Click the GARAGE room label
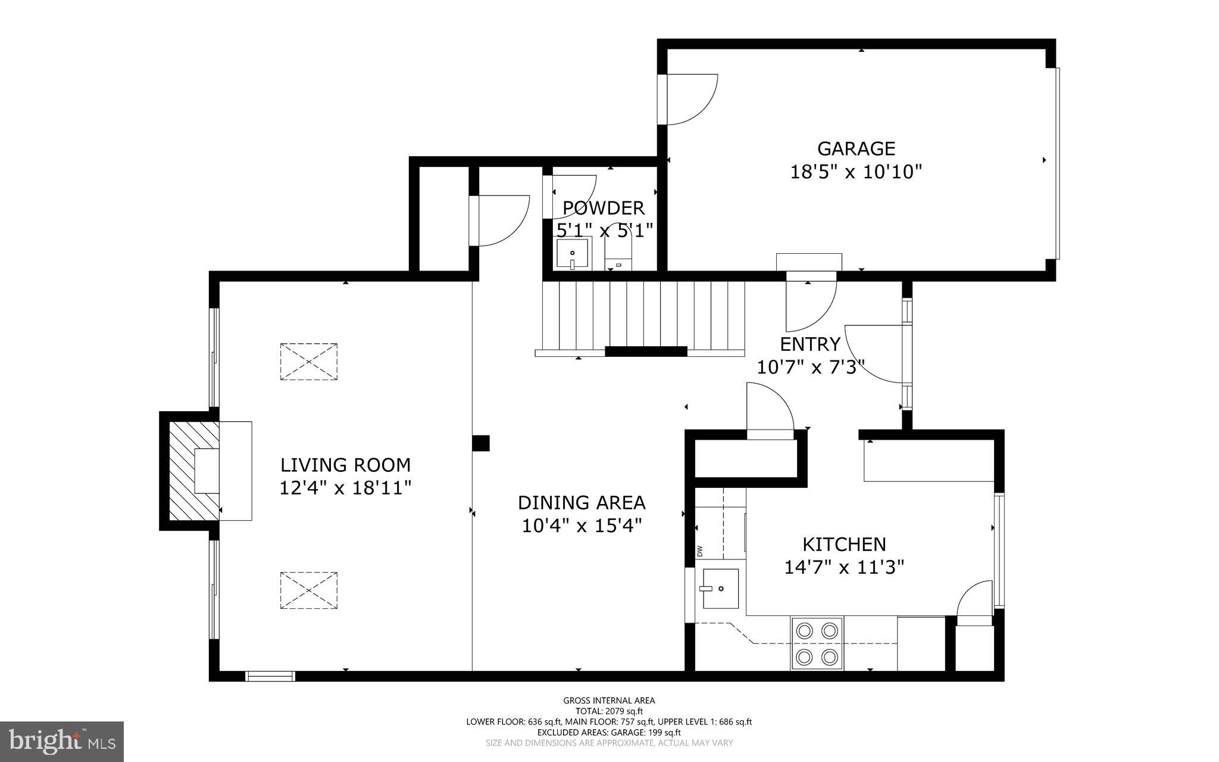[x=856, y=148]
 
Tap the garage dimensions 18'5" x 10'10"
[x=856, y=172]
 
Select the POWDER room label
[x=604, y=208]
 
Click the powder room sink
[x=572, y=253]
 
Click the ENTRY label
[x=809, y=344]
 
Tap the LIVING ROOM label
[x=345, y=465]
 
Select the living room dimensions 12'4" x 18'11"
[x=345, y=489]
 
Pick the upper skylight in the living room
[x=308, y=362]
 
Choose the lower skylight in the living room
[x=308, y=590]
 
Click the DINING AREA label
[x=582, y=503]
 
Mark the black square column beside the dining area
[x=480, y=443]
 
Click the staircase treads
[x=643, y=316]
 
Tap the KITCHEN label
[x=844, y=545]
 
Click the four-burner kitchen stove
[x=816, y=643]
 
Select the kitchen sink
[x=720, y=589]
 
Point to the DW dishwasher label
[x=699, y=551]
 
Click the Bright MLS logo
[x=61, y=742]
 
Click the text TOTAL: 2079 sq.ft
[x=609, y=711]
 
